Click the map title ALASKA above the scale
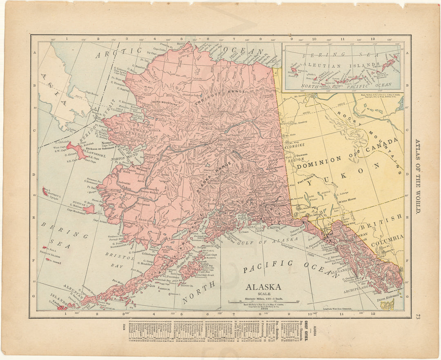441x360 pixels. (263, 287)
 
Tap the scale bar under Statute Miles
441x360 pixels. (263, 302)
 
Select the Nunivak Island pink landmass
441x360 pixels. (88, 209)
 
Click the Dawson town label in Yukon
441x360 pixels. (301, 155)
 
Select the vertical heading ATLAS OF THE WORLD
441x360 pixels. (417, 176)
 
